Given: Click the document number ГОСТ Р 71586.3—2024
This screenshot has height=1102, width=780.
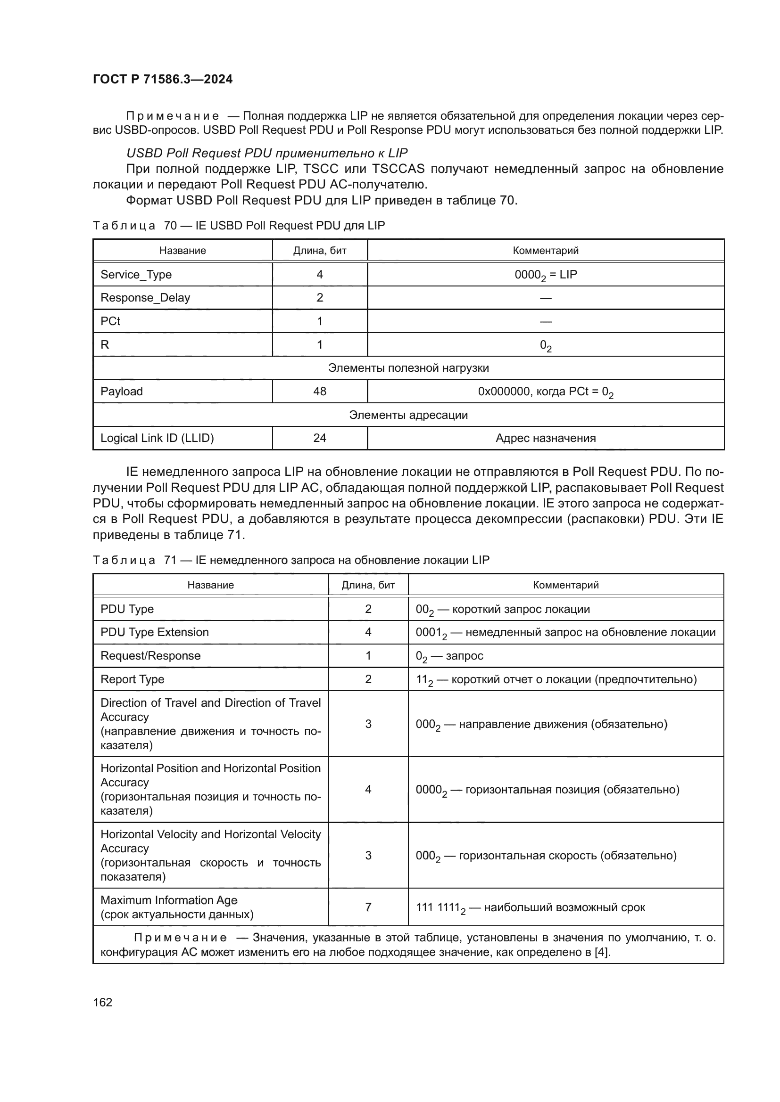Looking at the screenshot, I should point(162,79).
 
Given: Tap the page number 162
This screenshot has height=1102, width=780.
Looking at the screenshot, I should point(103,1002).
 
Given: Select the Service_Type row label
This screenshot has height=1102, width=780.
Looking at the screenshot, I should point(136,275).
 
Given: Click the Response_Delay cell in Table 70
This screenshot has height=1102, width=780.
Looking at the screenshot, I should point(145,298).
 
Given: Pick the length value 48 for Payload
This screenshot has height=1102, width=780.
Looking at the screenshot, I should point(319,391).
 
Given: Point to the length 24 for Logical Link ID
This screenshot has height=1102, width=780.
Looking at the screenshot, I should point(319,438).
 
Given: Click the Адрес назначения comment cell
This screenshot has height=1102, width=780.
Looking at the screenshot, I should point(545,438).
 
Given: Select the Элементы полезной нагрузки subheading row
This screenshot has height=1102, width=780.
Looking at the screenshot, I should point(408,368).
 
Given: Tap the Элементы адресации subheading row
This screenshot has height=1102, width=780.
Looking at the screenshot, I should point(408,415).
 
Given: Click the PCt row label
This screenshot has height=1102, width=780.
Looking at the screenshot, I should point(110,321).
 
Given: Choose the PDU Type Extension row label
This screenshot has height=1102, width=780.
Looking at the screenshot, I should point(155,632).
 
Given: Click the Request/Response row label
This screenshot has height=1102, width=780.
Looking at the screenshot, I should point(150,656).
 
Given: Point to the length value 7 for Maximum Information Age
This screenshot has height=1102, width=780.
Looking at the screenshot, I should point(368,907).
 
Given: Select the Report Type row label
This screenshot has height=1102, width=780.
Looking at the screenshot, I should point(132,679).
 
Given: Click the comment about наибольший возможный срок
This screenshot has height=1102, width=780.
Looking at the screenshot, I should point(530,907).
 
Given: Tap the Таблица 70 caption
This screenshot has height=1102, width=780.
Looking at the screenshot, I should point(239,226).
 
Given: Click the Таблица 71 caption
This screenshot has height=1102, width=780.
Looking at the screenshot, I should point(290,560).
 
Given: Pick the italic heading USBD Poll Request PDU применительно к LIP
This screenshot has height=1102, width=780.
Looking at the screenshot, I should point(266,153).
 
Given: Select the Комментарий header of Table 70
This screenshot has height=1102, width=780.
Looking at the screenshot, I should point(545,251).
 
